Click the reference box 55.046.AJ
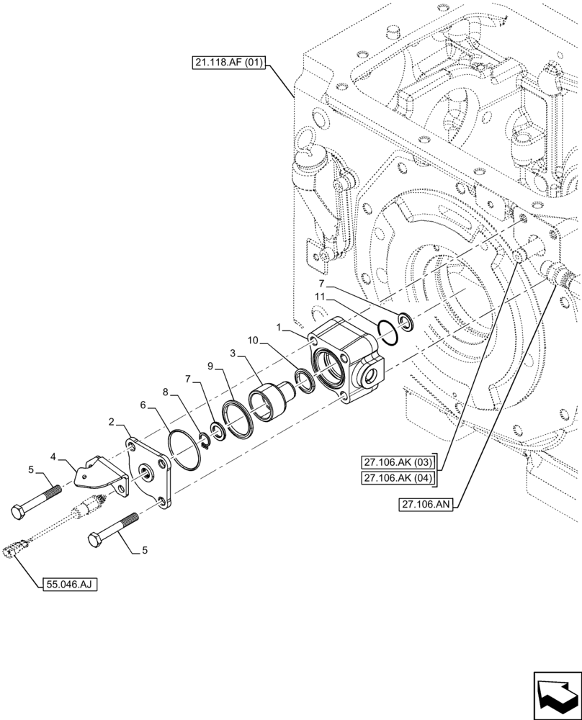pos(68,582)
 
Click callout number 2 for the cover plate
pos(112,421)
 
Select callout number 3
pos(233,354)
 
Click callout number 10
pos(253,339)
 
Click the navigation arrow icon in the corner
pos(556,694)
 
